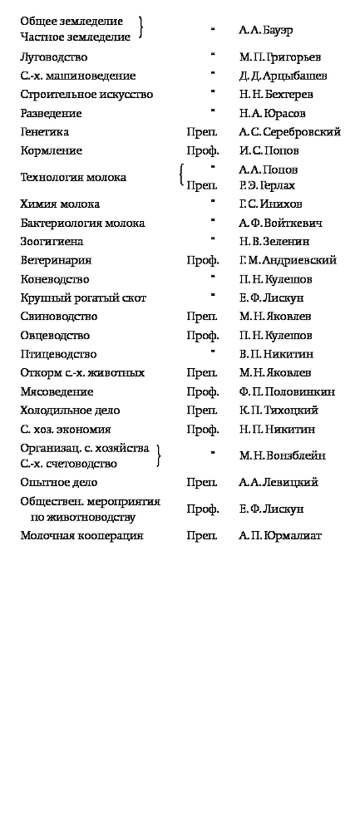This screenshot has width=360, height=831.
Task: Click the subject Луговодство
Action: pyautogui.click(x=54, y=57)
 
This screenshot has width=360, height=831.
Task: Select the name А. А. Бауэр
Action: pyautogui.click(x=265, y=30)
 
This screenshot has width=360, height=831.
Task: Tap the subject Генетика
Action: pyautogui.click(x=45, y=132)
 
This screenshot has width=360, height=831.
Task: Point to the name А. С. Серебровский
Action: pyautogui.click(x=289, y=132)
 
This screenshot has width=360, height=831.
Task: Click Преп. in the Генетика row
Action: pyautogui.click(x=203, y=132)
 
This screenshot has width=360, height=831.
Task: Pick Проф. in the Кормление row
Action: pyautogui.click(x=203, y=151)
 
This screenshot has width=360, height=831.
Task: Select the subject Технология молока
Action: pyautogui.click(x=73, y=177)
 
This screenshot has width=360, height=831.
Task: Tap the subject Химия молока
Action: pyautogui.click(x=60, y=204)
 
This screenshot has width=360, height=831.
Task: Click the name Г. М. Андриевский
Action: pyautogui.click(x=287, y=261)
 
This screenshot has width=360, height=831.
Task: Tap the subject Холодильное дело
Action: pyautogui.click(x=70, y=411)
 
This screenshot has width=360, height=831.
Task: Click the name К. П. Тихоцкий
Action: pyautogui.click(x=278, y=411)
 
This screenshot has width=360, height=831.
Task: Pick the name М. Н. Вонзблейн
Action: pyautogui.click(x=281, y=455)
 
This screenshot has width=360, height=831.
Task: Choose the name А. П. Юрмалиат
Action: pyautogui.click(x=279, y=536)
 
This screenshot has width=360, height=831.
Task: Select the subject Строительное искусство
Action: pyautogui.click(x=86, y=95)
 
